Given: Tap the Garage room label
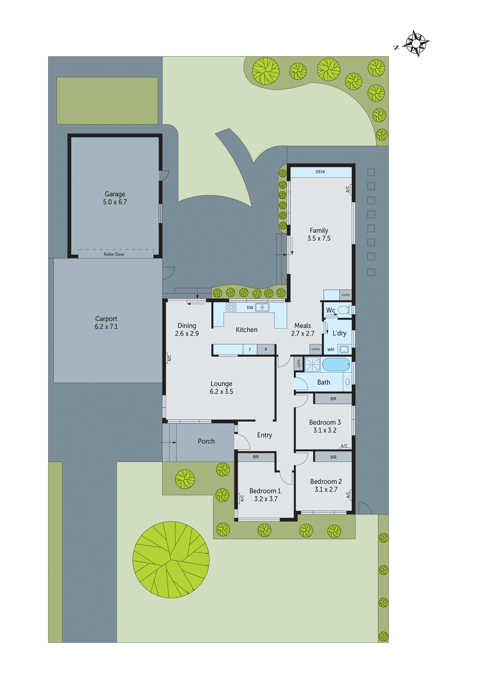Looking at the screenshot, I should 115,194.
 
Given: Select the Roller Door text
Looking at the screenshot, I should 114,254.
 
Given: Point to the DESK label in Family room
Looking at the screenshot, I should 321,172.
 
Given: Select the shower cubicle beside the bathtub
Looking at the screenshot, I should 312,365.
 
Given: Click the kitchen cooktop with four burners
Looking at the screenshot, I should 231,307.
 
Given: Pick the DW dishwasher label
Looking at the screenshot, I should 250,308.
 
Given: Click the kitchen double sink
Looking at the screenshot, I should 262,307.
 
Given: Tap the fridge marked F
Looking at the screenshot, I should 250,350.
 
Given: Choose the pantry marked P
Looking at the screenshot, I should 266,350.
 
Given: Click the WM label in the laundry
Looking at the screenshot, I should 331,350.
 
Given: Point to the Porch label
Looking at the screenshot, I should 206,441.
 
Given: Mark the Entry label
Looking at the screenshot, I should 264,435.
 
